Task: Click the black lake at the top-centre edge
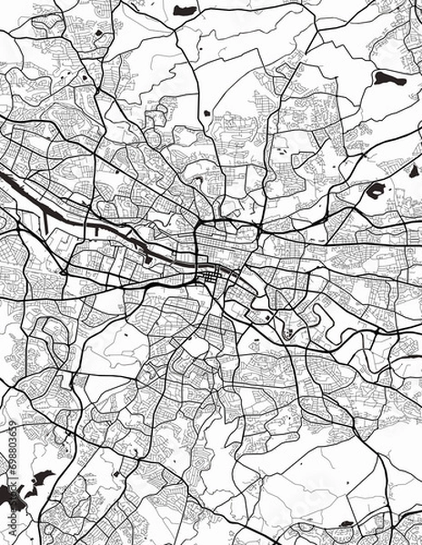(x=186, y=10)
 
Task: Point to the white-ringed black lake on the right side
(x=375, y=191)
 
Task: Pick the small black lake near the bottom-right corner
(x=346, y=524)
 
